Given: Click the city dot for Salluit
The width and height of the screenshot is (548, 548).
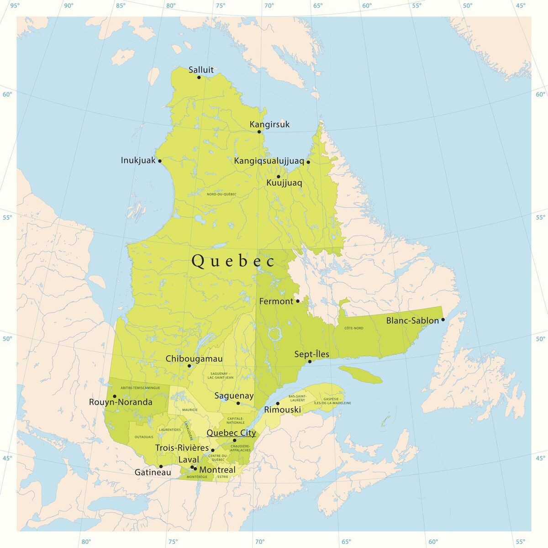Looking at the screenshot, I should tap(199, 77).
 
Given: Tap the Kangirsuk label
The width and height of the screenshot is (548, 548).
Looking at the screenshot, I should tap(269, 124).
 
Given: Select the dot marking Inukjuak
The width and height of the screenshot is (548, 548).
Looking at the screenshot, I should tap(159, 161).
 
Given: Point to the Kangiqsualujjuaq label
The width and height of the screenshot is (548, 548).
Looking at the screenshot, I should tap(269, 161).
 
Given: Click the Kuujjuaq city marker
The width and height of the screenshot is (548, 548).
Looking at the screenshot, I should tap(278, 176).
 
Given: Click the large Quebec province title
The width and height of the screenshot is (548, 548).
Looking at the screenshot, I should tap(233, 261).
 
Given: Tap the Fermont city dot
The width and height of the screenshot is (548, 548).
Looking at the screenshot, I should tap(298, 301).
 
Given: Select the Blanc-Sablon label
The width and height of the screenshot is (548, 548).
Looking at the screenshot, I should tap(412, 320).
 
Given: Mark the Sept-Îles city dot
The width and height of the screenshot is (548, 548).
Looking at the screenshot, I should tap(310, 362).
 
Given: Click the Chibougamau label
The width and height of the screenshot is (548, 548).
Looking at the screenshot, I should tap(194, 358).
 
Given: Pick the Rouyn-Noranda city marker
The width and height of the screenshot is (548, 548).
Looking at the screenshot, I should tap(115, 396).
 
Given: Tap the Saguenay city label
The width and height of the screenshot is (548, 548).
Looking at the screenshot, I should tap(234, 396).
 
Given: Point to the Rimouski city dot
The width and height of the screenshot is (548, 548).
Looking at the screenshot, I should tap(278, 403).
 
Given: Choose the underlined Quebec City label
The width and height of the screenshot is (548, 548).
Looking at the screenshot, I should tap(231, 432).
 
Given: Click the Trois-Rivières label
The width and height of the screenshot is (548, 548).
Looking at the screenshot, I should tap(182, 448).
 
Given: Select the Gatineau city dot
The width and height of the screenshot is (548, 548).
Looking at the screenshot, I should tap(161, 466).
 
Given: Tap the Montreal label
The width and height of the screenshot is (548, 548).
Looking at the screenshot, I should tap(217, 470).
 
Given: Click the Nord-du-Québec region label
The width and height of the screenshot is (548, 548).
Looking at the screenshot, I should tap(221, 194).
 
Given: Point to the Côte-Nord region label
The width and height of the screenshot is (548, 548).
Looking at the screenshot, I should tap(353, 328).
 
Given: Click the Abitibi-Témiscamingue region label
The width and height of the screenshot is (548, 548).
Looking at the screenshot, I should tap(140, 387).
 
